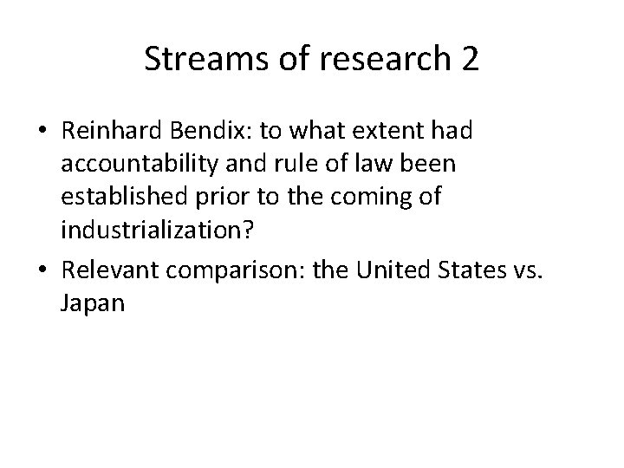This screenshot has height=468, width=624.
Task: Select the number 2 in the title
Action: tap(468, 60)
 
